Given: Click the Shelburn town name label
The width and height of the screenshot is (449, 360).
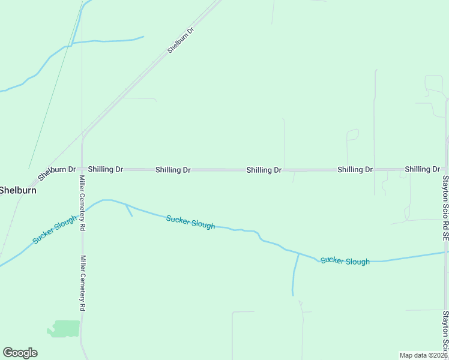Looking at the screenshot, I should point(18,190).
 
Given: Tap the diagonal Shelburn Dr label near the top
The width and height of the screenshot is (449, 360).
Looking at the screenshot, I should point(181,40).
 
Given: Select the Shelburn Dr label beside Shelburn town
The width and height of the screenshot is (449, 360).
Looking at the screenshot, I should point(57,173).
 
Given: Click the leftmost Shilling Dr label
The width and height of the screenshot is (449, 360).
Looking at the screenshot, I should point(106,169).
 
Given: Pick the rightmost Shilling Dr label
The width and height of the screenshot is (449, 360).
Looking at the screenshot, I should point(423,169).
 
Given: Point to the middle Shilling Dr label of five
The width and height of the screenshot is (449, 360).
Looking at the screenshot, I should point(264,170).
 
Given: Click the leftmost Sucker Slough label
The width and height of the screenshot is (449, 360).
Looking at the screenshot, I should point(55,230).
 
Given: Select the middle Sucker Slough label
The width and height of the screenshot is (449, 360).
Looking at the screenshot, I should point(190,221).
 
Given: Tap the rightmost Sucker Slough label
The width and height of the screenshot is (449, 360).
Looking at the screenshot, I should point(345,260).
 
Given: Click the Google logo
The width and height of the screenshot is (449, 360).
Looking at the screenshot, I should point(20,353).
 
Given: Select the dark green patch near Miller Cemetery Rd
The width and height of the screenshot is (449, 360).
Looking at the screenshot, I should point(64,328).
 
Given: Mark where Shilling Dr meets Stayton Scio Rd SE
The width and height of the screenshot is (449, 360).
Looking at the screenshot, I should point(445,170).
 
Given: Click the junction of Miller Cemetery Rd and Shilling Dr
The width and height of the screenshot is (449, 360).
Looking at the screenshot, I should point(82,170).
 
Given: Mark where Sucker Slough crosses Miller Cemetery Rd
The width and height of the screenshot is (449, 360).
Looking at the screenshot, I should point(82,213).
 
